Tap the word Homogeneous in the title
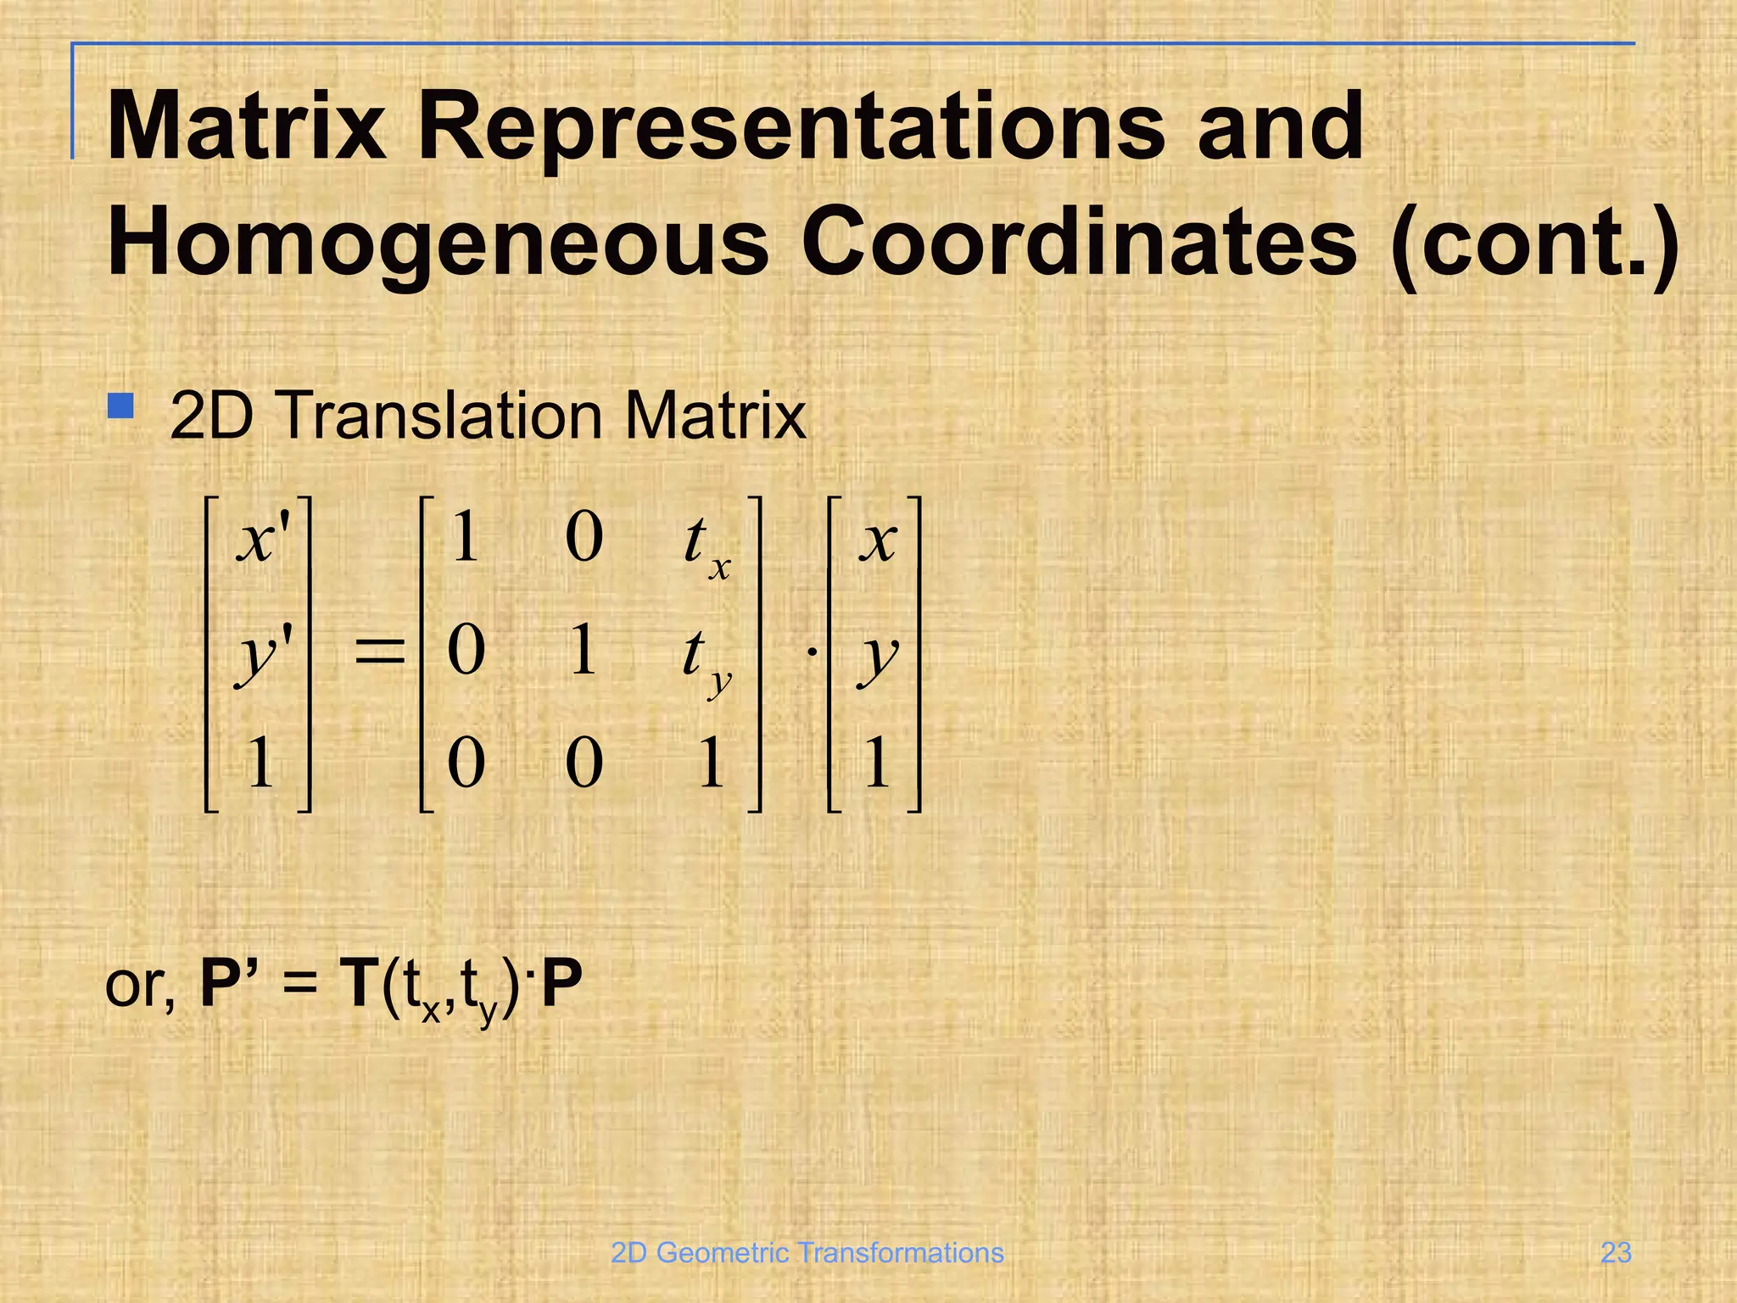point(437,243)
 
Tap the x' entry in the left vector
point(264,540)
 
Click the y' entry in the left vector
point(263,655)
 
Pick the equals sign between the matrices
point(379,653)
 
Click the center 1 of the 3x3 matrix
point(583,651)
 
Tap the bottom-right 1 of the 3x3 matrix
point(711,763)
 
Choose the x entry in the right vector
point(877,540)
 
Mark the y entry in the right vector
point(877,657)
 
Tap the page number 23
point(1615,1252)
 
